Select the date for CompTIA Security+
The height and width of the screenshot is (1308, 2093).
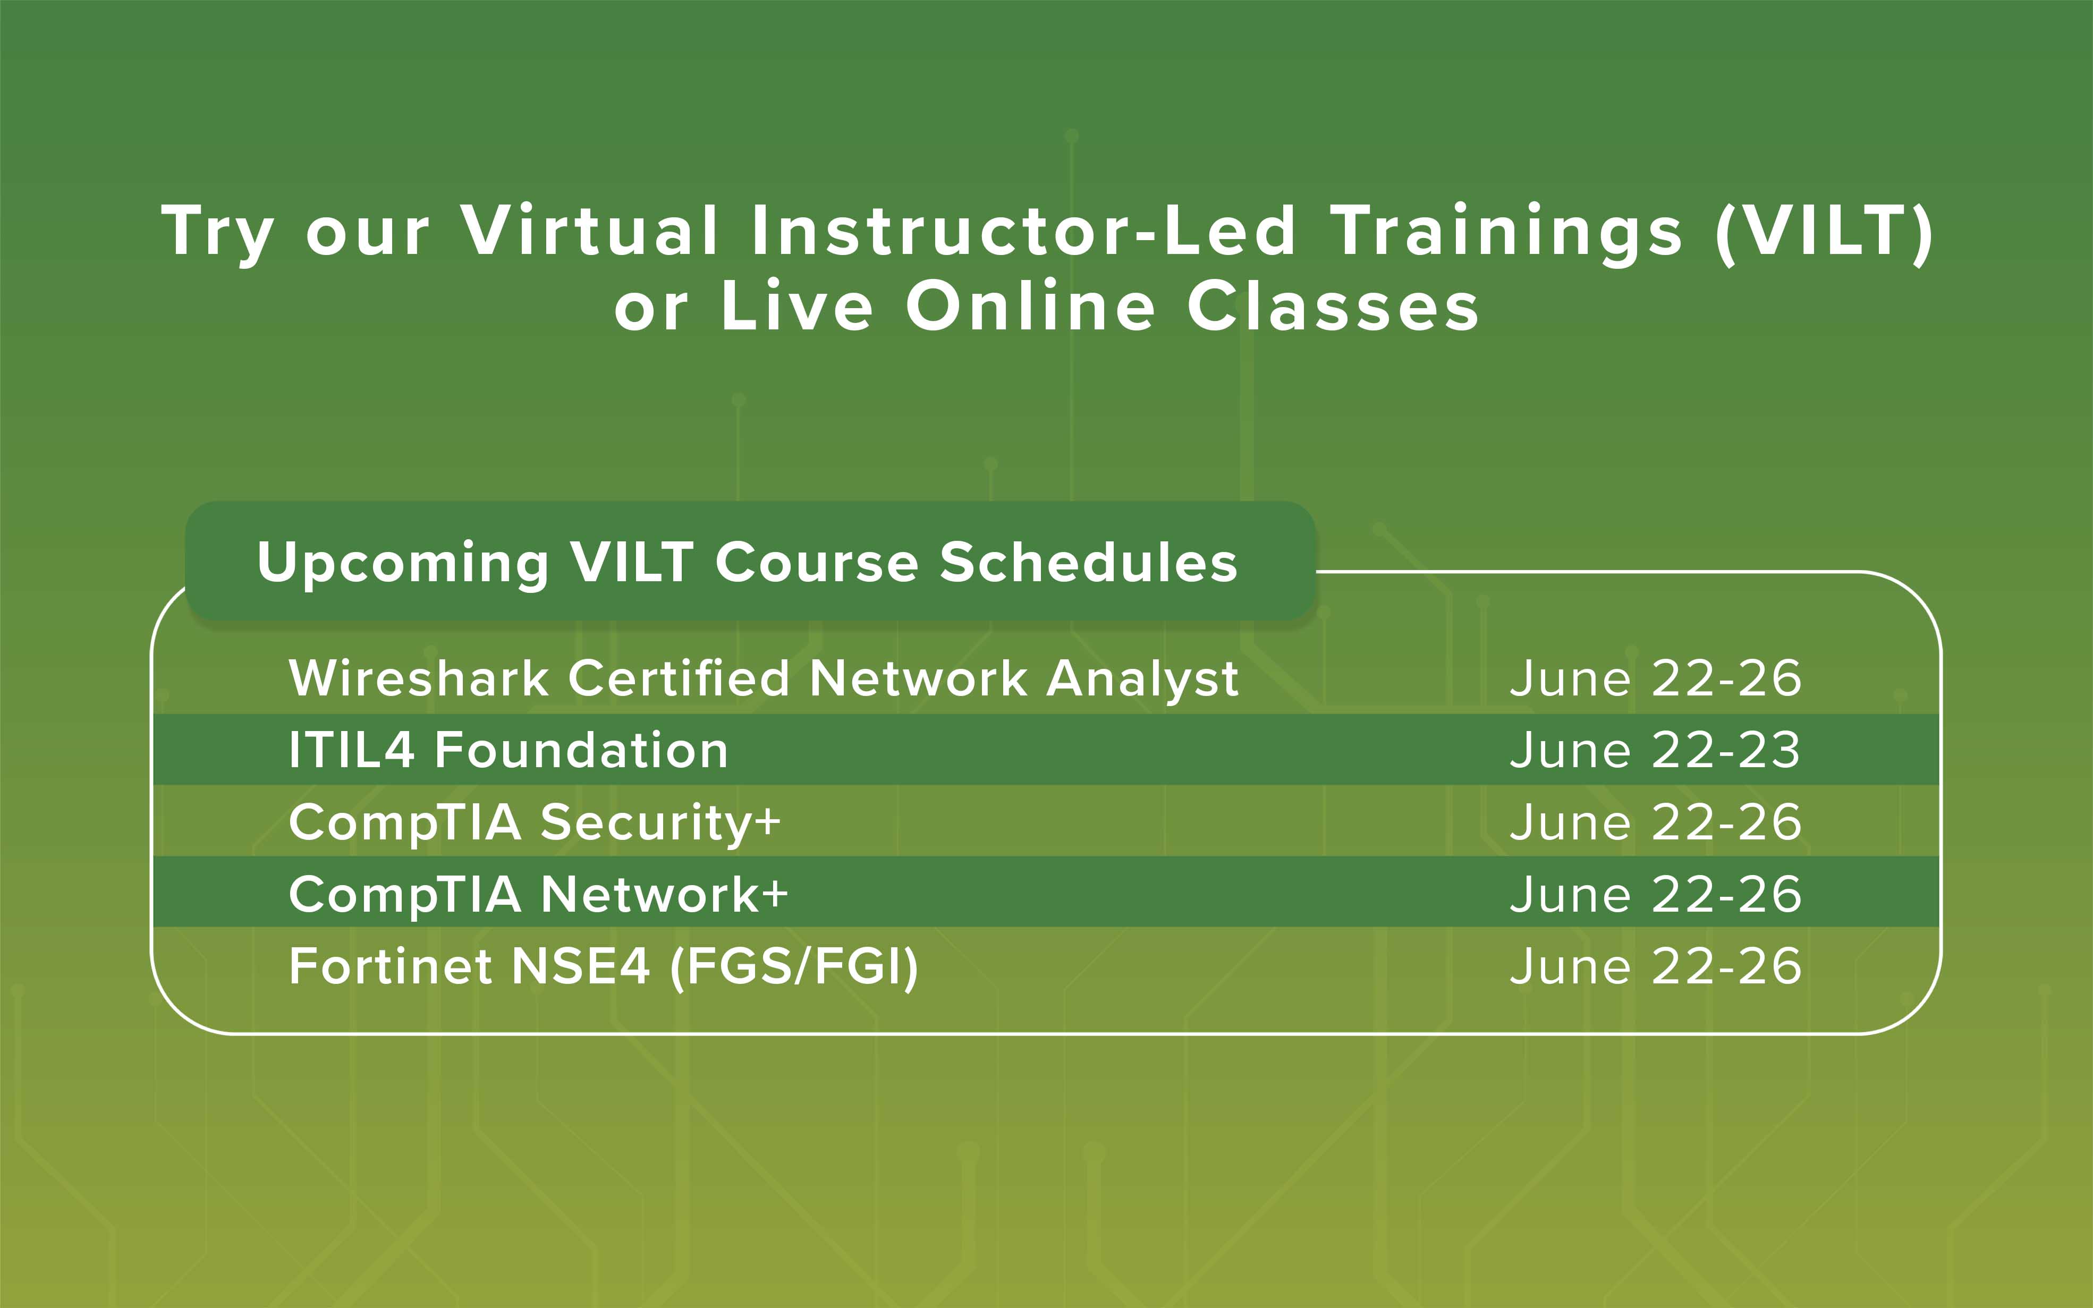1655,822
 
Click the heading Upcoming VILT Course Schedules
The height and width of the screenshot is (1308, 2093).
748,563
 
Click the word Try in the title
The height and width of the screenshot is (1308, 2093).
218,234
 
